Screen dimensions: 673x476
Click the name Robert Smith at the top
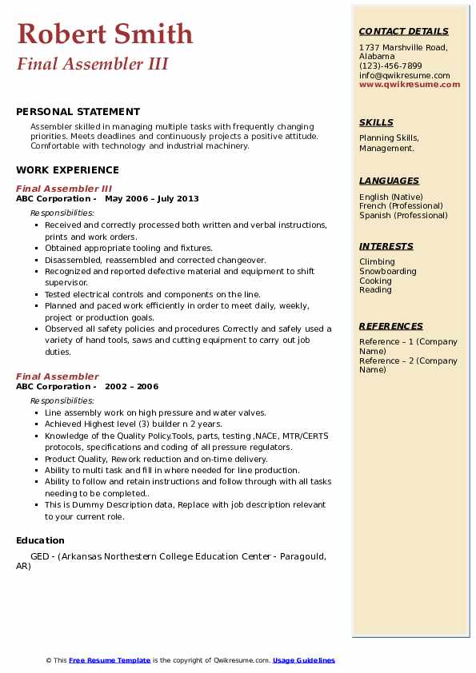[x=105, y=34]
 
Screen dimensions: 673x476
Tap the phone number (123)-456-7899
[x=390, y=66]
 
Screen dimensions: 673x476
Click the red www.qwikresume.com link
[x=410, y=84]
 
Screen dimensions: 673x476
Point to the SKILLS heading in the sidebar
[x=376, y=122]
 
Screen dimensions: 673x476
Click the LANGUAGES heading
[x=389, y=181]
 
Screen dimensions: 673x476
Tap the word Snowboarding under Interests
[x=388, y=271]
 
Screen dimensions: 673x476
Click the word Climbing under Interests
[x=377, y=261]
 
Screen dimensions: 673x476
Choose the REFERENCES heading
[x=391, y=326]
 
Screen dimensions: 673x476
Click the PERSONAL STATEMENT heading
[x=78, y=112]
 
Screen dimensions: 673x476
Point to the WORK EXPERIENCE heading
[x=67, y=170]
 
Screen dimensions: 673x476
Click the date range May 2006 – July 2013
[x=152, y=199]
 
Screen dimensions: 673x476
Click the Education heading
[x=40, y=540]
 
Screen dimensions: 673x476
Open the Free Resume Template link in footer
[x=110, y=660]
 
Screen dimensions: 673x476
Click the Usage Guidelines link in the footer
[x=304, y=660]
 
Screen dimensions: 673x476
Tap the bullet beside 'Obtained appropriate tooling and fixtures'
[x=37, y=249]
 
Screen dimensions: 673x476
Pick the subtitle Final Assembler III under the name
[x=92, y=64]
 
